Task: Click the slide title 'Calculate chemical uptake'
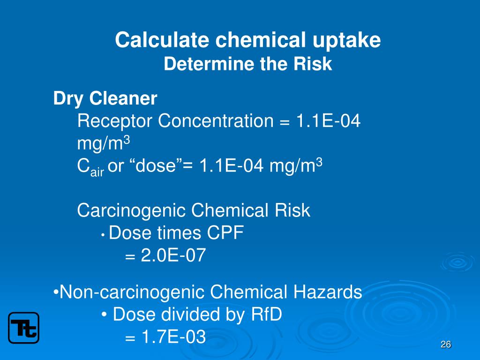coord(248,40)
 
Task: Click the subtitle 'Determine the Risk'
coord(248,64)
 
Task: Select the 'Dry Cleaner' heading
coord(105,98)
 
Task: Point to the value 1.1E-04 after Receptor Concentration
coord(328,121)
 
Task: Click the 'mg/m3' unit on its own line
coord(103,143)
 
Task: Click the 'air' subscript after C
coord(97,172)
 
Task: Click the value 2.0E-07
coord(173,255)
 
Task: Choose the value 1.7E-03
coord(173,337)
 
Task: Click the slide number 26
coord(446,345)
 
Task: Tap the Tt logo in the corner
coord(24,328)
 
